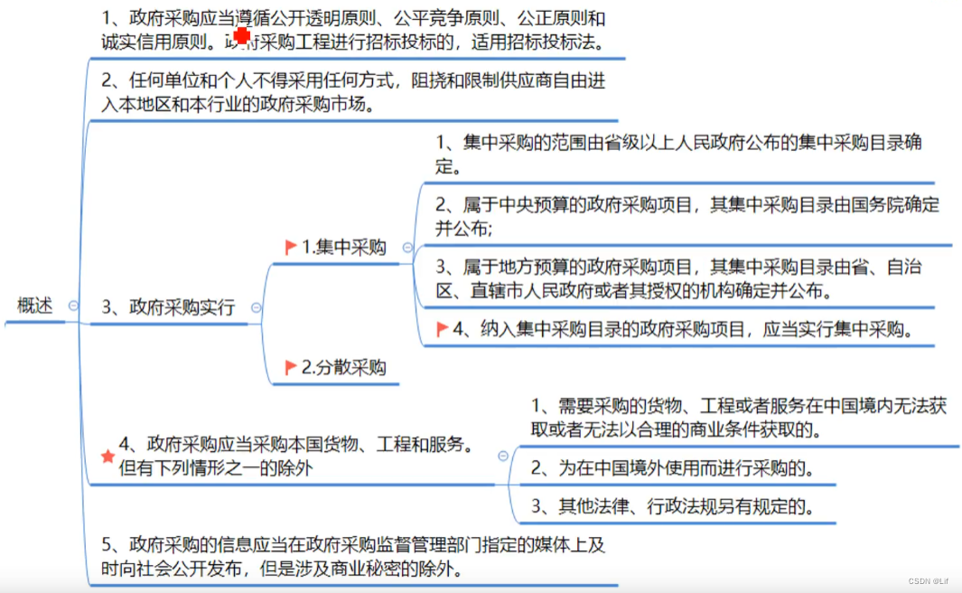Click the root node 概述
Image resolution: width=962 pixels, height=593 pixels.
(35, 306)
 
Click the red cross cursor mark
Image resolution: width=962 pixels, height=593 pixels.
(242, 35)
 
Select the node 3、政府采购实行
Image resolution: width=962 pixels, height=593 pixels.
(168, 307)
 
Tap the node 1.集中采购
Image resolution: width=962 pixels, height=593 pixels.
(343, 248)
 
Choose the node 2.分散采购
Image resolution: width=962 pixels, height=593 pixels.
(343, 367)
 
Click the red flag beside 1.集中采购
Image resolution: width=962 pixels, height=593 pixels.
(291, 247)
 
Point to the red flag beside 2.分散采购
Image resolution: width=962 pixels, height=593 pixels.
(291, 367)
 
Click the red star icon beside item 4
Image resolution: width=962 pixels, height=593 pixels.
(107, 456)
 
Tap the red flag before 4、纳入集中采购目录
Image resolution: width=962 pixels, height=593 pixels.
(442, 329)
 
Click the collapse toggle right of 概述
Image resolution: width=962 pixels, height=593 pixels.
(73, 306)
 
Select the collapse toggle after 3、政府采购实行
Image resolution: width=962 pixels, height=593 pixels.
(256, 307)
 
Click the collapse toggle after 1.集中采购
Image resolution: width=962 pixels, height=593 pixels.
(407, 248)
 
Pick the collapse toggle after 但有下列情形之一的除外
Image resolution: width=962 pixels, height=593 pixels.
(502, 457)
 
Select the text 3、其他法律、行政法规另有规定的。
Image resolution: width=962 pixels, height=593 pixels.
(673, 507)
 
